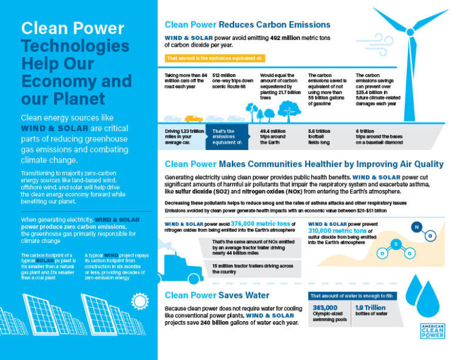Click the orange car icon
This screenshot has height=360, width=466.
pos(194,119)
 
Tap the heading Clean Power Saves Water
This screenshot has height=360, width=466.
pos(217,295)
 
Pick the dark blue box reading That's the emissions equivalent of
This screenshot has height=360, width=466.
pos(227,137)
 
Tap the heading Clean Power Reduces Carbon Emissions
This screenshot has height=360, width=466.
pos(248,25)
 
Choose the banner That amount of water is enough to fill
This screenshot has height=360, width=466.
pos(351,296)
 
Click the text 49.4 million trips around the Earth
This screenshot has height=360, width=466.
pos(273,137)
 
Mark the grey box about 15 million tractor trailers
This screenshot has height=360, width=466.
pos(249,269)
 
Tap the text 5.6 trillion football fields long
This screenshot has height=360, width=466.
pos(322,137)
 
